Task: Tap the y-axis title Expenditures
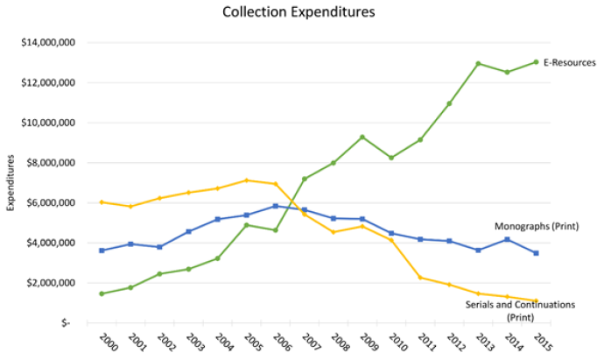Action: pos(11,182)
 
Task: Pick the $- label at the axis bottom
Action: pos(67,322)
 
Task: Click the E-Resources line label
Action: pos(570,62)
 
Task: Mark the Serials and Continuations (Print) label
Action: pos(520,310)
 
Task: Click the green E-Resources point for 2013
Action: pos(478,63)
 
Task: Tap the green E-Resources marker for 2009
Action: pos(362,137)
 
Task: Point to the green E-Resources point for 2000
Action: pos(102,293)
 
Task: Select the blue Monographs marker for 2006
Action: pos(275,206)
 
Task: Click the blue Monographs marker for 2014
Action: pos(507,239)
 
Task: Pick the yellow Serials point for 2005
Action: pos(246,180)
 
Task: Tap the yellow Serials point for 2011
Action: pos(420,278)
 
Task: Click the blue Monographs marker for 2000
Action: pos(102,251)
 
